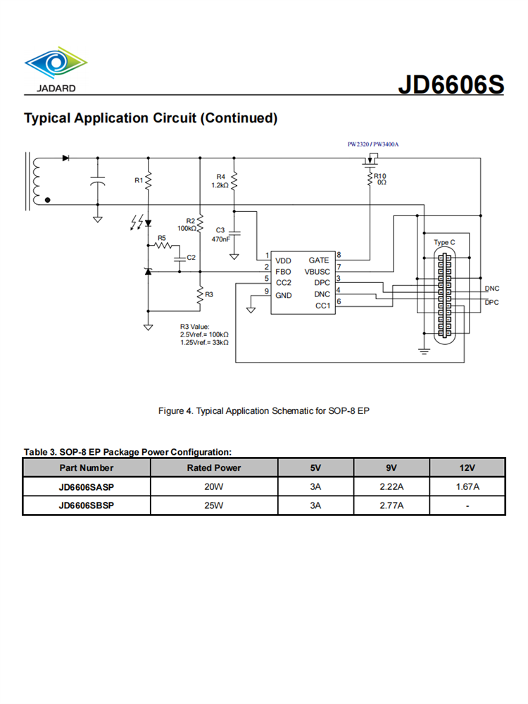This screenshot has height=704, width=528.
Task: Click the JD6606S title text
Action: tap(451, 84)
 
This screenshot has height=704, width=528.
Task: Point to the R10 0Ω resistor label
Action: tap(380, 180)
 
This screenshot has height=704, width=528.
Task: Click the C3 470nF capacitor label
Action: tap(220, 234)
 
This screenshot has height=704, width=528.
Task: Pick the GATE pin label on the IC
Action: tap(318, 260)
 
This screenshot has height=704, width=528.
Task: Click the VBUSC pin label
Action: tap(316, 271)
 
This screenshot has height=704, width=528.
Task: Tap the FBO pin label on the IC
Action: tap(283, 271)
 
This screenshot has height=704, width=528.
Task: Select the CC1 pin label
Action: tap(322, 306)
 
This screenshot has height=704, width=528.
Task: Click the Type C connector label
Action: tap(444, 243)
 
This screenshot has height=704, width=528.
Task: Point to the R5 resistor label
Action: tap(161, 239)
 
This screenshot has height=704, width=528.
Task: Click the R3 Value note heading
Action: tap(195, 327)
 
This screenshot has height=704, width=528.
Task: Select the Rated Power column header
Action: tap(213, 467)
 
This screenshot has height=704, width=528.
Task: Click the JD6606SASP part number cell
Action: tap(87, 486)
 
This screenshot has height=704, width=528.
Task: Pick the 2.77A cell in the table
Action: tap(391, 505)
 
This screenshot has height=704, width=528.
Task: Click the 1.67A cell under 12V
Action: tap(467, 486)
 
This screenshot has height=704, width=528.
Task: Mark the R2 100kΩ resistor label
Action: tap(187, 225)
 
